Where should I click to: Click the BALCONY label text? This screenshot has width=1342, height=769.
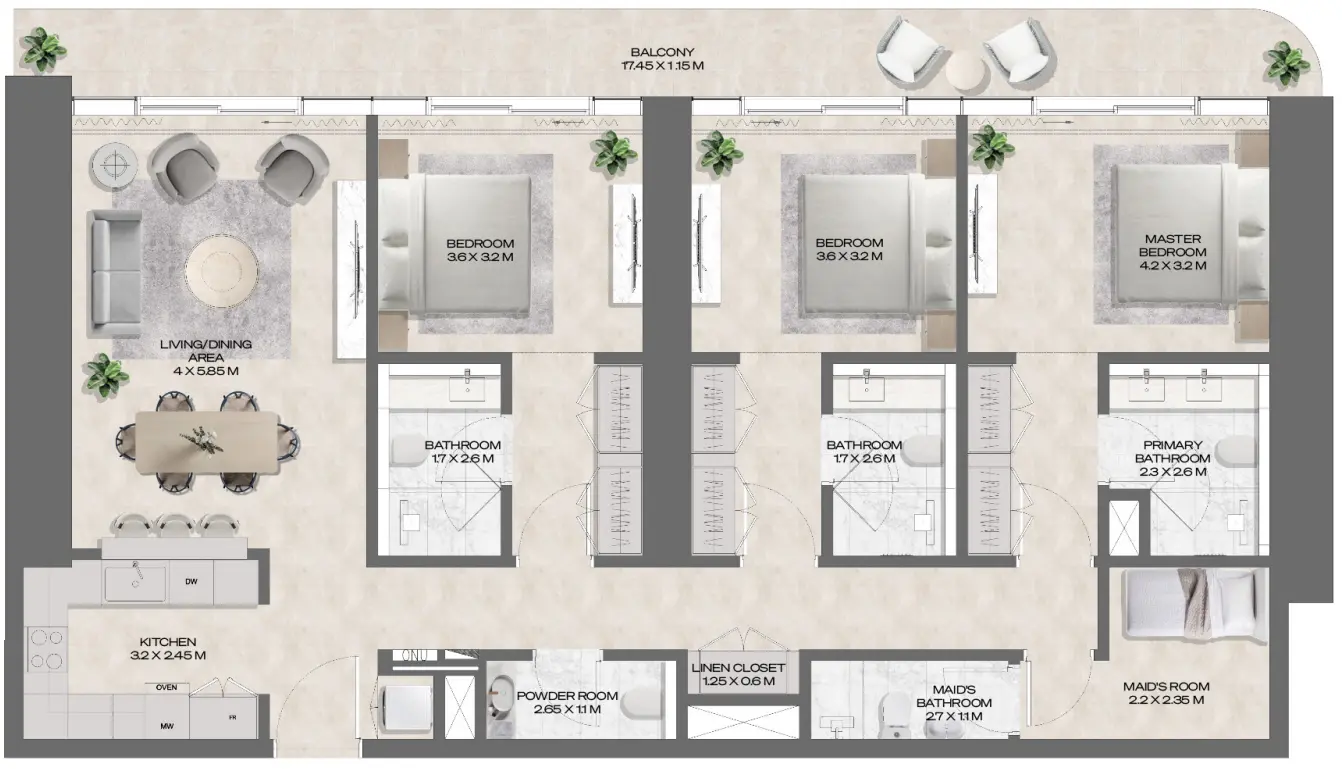661,60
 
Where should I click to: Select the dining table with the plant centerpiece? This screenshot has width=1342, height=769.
207,441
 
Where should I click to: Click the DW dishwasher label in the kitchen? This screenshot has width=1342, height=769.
190,581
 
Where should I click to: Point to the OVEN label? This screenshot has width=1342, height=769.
168,687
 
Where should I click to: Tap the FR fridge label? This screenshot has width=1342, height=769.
232,718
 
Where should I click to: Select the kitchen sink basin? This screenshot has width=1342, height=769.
135,581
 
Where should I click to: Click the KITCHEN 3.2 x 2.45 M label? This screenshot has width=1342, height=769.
167,649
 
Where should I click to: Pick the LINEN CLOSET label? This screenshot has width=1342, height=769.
738,675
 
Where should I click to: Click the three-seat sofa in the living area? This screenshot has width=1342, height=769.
112,273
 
